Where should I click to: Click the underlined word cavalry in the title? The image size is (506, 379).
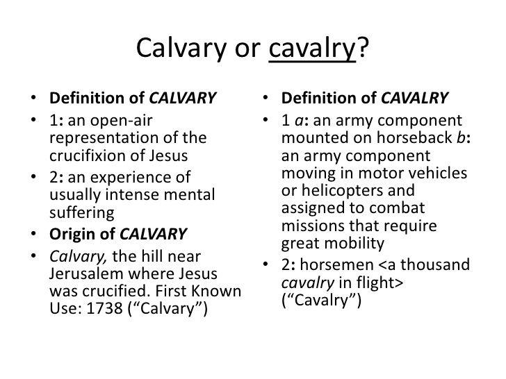(312, 49)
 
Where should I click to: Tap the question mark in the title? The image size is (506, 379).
(362, 48)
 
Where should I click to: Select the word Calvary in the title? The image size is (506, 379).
(181, 49)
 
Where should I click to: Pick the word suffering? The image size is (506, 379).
(82, 212)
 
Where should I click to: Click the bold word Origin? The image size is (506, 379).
(72, 235)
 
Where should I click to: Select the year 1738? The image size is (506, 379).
(105, 308)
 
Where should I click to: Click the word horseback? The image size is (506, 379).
(415, 137)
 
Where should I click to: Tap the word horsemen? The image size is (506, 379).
(337, 264)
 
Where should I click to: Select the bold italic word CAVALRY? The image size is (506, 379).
(415, 98)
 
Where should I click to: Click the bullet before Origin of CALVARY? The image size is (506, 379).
(33, 234)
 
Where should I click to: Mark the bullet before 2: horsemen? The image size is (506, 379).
(266, 264)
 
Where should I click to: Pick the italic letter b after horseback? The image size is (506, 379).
(462, 137)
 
